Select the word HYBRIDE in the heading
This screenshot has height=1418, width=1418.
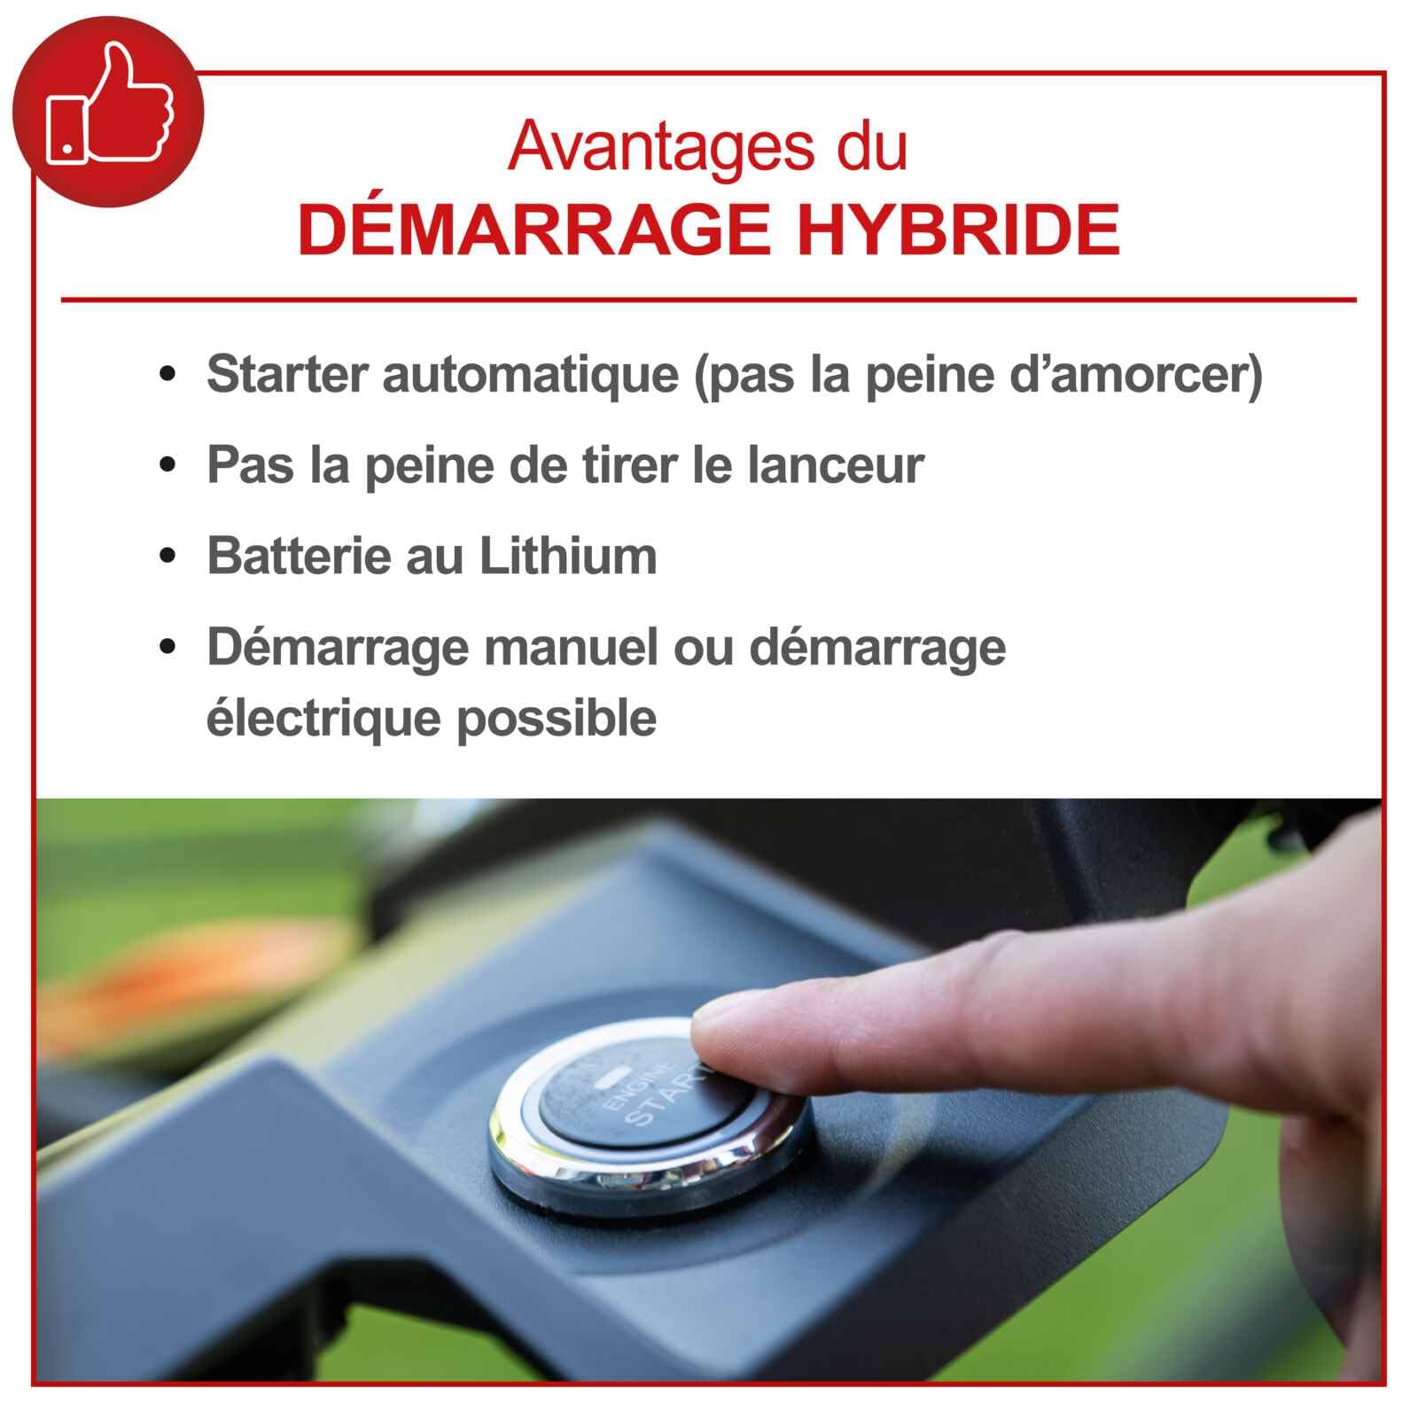point(959,229)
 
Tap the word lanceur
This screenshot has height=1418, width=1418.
point(836,464)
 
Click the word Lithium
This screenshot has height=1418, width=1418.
point(568,556)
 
